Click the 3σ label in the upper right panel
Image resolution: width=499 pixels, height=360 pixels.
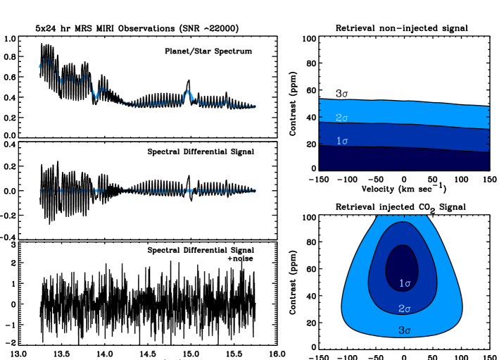click(342, 93)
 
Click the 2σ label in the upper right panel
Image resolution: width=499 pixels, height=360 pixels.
click(342, 117)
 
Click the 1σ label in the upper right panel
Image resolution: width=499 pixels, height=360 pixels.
click(342, 141)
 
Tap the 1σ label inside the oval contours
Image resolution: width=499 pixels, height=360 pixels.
click(405, 283)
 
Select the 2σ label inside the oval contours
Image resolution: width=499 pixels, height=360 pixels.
click(405, 309)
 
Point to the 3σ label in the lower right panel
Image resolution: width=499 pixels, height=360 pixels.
click(405, 330)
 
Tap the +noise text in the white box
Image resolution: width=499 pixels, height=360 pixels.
click(240, 259)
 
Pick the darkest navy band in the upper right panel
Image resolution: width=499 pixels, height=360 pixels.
click(404, 159)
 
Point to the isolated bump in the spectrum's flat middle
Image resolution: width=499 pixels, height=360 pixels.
click(187, 94)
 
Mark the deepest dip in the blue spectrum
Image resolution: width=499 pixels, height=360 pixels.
click(96, 95)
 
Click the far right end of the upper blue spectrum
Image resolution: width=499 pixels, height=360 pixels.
click(255, 106)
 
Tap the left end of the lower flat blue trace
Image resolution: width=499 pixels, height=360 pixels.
click(40, 190)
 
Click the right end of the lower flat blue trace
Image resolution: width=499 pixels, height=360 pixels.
click(255, 190)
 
